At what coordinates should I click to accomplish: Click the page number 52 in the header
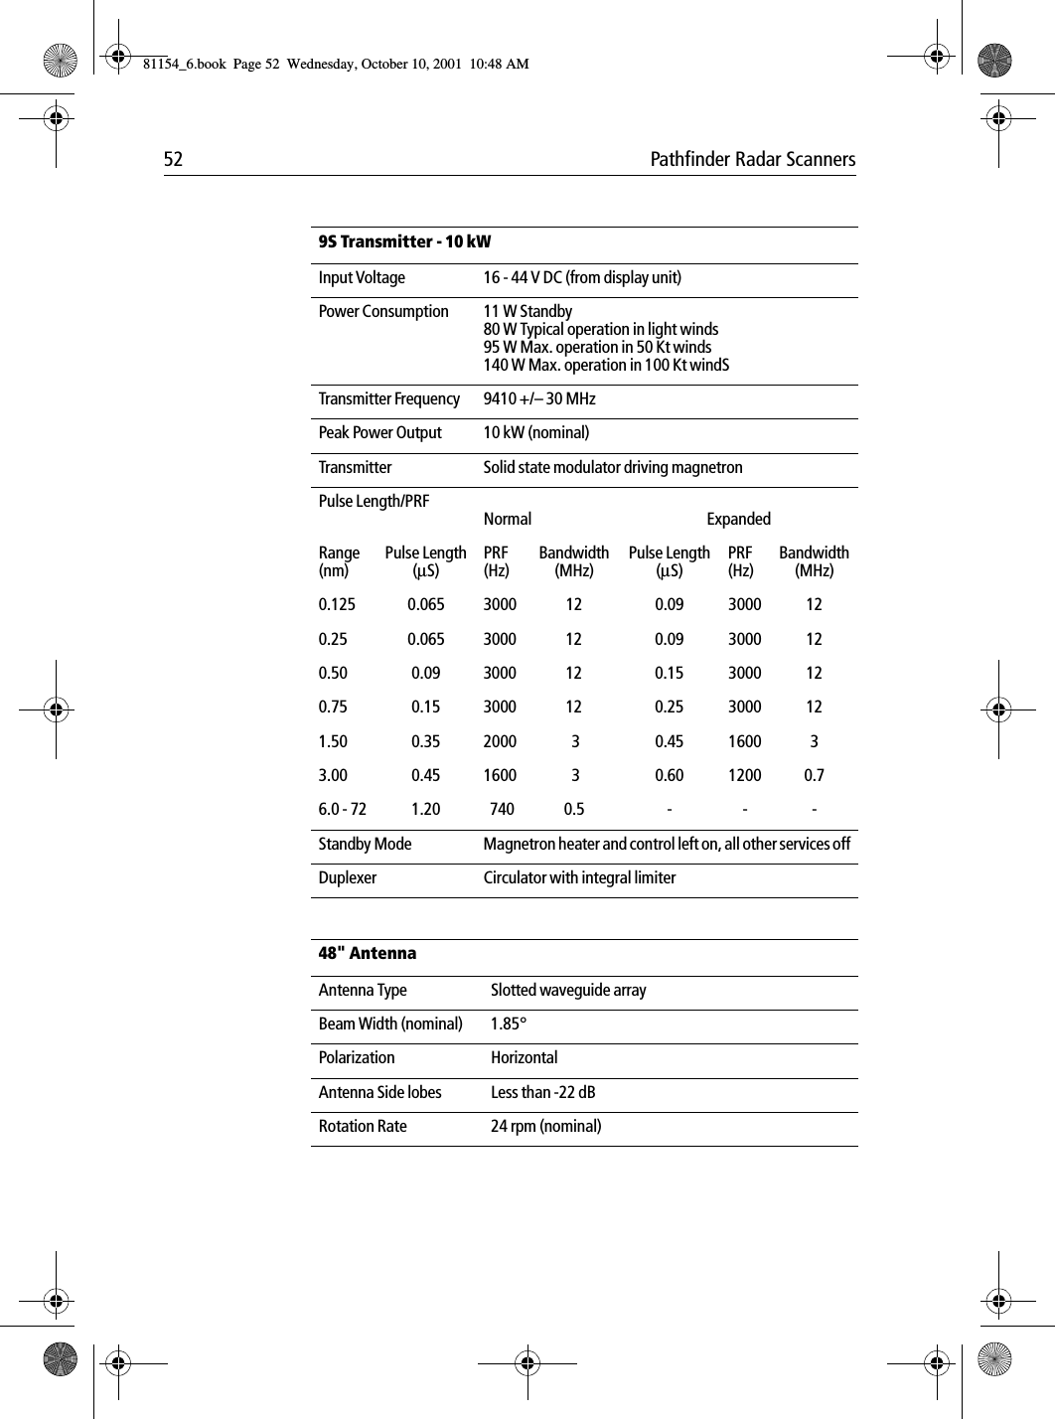click(173, 160)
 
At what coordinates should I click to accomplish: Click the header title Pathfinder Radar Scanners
click(752, 160)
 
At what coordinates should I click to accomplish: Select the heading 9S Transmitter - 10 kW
click(404, 242)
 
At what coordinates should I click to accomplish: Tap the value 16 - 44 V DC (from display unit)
click(582, 278)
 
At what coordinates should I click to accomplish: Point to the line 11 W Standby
click(527, 312)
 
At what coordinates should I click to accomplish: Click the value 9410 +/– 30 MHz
click(539, 399)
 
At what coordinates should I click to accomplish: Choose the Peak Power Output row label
click(379, 433)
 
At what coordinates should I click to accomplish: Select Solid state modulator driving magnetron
click(612, 468)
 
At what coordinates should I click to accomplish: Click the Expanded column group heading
click(738, 520)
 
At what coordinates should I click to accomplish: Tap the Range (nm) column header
click(339, 561)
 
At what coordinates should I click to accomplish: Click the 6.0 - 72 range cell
click(342, 810)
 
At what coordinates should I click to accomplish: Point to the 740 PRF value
click(503, 810)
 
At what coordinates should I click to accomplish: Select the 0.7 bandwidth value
click(814, 775)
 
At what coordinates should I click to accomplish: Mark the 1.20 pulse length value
click(425, 810)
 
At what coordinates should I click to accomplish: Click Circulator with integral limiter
click(579, 878)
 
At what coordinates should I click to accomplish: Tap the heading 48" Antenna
click(368, 954)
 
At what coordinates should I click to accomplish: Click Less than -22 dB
click(543, 1093)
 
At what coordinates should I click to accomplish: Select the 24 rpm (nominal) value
click(545, 1127)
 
